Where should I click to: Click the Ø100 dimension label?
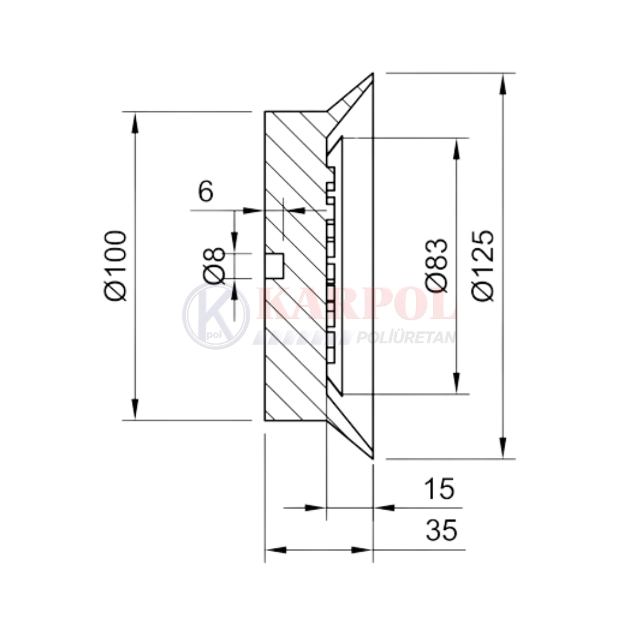(x=115, y=266)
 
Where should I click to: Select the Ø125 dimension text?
(x=485, y=266)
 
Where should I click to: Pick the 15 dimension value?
(x=438, y=489)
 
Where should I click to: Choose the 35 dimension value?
(x=441, y=529)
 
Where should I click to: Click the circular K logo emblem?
(x=216, y=316)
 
